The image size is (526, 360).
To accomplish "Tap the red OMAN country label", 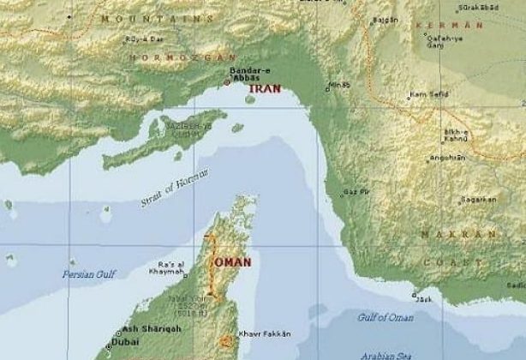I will tap(233, 262).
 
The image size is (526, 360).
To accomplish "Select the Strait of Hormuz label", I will tap(175, 188).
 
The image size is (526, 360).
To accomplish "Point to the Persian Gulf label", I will tap(88, 274).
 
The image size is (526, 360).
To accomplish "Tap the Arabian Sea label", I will tap(387, 354).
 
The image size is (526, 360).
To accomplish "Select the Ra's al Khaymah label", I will tap(171, 269).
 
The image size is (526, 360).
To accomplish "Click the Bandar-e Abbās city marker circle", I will tap(227, 82).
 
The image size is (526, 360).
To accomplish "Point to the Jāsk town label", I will tap(423, 299).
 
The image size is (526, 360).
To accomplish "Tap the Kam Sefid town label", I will tap(428, 93).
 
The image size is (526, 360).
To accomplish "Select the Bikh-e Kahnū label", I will tap(455, 135).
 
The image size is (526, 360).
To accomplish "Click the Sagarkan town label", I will tap(478, 199).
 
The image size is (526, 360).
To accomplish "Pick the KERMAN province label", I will tap(443, 26).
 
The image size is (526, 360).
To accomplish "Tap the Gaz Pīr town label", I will tap(356, 191).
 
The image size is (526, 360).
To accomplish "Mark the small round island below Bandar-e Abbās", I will tap(250, 99).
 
